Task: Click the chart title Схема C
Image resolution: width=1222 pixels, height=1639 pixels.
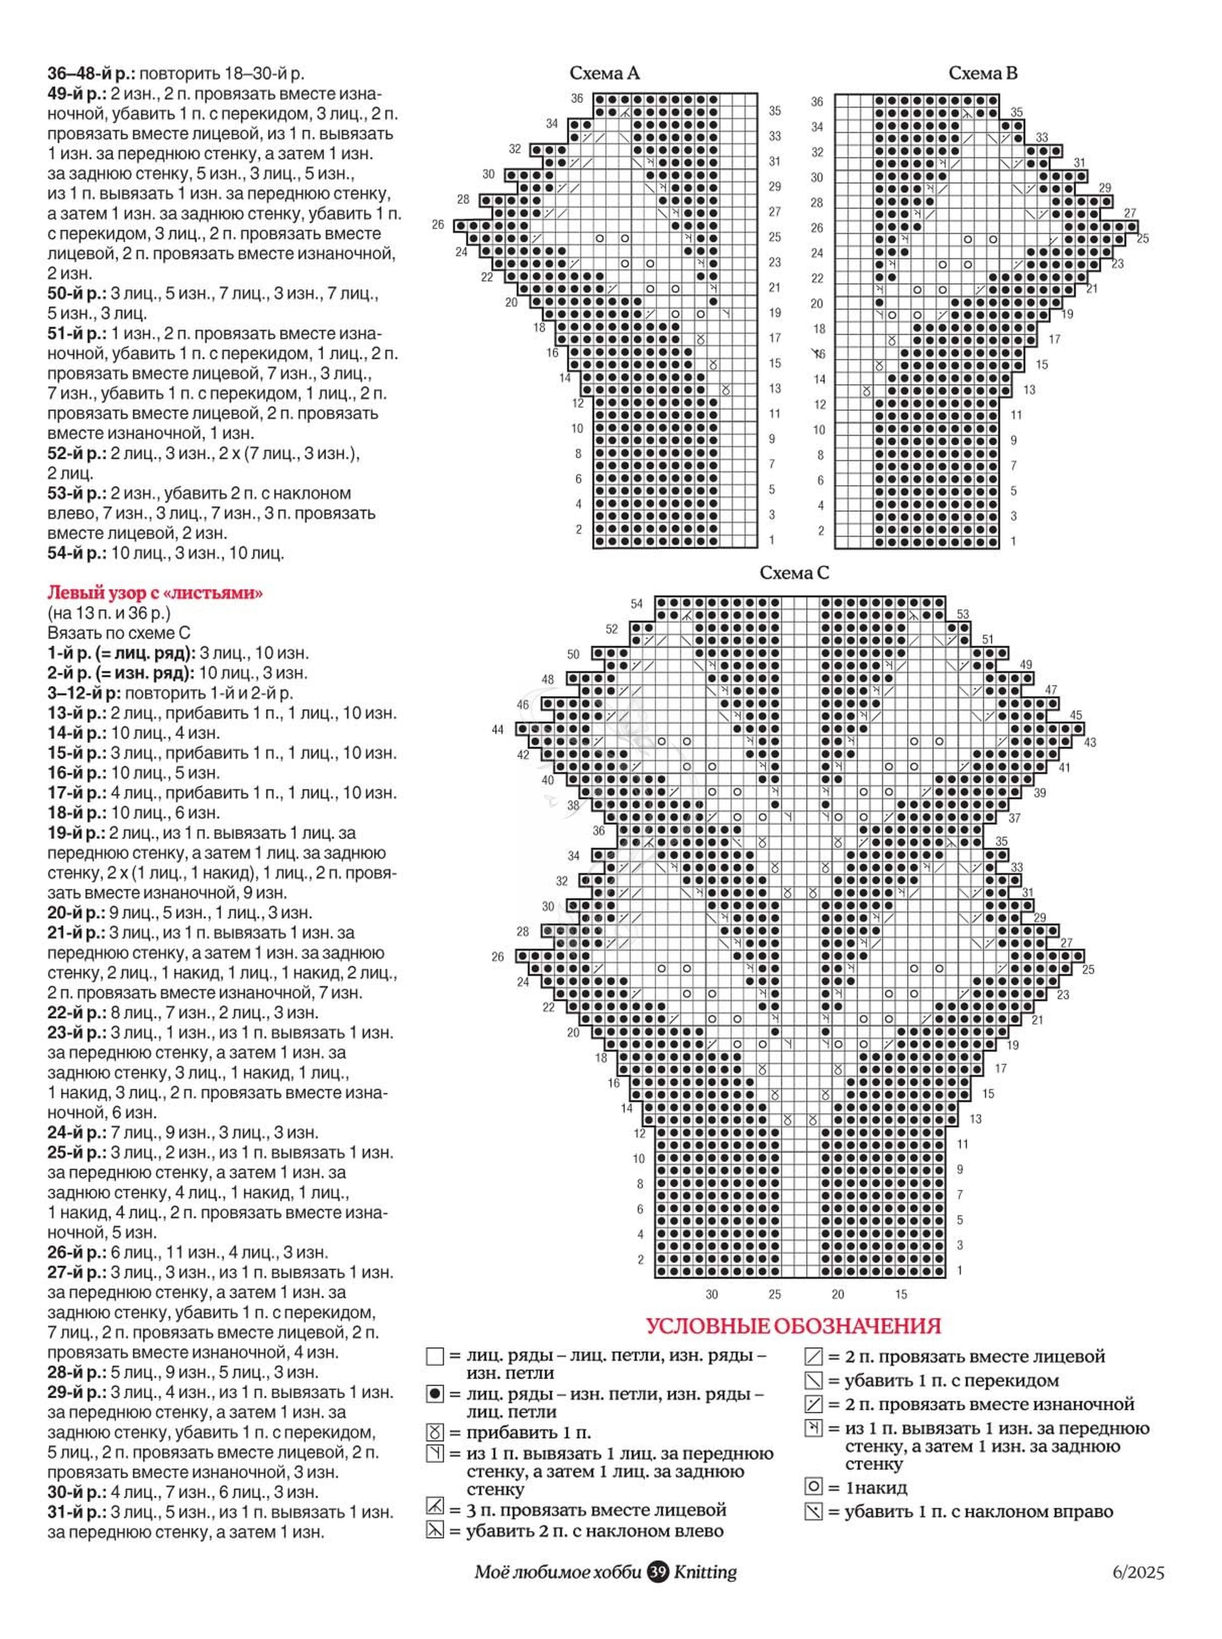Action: [794, 573]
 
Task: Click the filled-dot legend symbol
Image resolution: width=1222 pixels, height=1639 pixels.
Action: [435, 1394]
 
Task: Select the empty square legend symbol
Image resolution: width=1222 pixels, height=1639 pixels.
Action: [435, 1357]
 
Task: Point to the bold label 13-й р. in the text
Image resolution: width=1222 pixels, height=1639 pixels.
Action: [76, 713]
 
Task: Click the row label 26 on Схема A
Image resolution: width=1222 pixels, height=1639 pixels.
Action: [438, 224]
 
